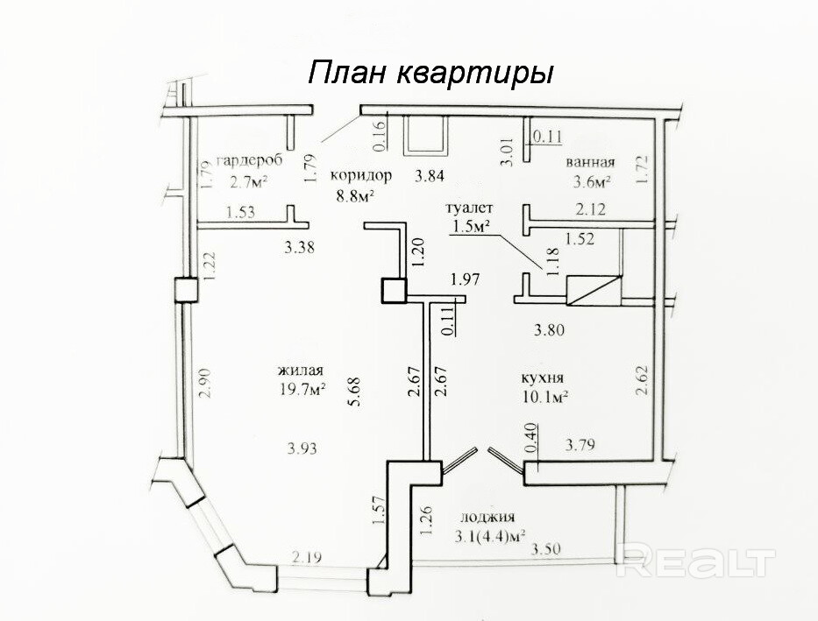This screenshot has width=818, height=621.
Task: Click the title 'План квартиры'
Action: [x=430, y=73]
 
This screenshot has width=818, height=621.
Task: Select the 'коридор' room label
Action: [x=361, y=175]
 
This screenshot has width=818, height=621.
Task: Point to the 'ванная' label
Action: [x=591, y=162]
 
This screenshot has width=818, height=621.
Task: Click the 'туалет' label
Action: [x=469, y=208]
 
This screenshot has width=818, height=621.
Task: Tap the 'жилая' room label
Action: [x=301, y=370]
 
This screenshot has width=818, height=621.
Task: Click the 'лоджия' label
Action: [x=487, y=518]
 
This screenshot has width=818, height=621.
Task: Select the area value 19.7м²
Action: [x=304, y=389]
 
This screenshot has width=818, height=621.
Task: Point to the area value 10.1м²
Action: [x=545, y=397]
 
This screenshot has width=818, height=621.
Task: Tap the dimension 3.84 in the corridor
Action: [x=429, y=176]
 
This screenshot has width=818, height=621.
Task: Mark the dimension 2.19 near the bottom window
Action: [x=307, y=557]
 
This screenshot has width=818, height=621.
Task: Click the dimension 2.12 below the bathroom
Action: [x=591, y=209]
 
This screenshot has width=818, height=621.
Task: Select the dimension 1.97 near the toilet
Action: [x=466, y=279]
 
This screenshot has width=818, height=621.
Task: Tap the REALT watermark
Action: [x=695, y=560]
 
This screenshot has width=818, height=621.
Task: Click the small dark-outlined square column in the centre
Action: [x=394, y=290]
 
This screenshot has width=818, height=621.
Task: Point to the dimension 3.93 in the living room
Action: [x=302, y=448]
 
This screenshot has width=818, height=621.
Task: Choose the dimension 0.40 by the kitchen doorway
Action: [x=530, y=438]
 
